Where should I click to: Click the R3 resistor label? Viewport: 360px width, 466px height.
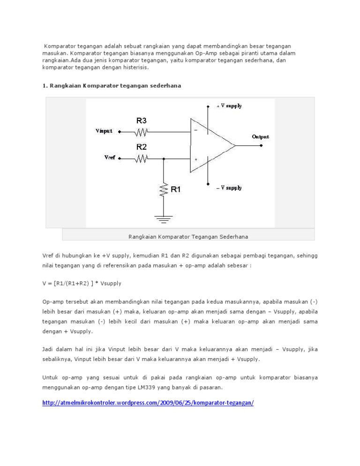[x=142, y=121]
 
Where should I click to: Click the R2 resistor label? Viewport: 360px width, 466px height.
[x=142, y=147]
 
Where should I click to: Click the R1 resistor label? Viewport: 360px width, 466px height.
[x=176, y=190]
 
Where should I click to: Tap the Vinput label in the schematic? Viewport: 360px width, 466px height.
[x=104, y=131]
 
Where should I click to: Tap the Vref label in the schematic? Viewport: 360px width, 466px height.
[x=109, y=158]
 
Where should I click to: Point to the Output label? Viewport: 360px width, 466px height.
[x=261, y=137]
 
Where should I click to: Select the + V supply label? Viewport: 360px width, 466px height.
[x=229, y=106]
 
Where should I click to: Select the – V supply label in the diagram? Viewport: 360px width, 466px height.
[x=229, y=188]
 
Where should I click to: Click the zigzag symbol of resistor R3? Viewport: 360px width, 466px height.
[x=142, y=132]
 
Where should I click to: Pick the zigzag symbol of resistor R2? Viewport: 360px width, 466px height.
[x=142, y=158]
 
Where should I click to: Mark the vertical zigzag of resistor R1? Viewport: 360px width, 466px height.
[x=163, y=190]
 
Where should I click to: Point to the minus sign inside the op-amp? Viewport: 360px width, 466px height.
[x=195, y=131]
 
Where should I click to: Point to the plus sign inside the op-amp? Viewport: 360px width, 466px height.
[x=195, y=159]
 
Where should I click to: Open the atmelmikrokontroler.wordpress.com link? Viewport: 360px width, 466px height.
[x=148, y=403]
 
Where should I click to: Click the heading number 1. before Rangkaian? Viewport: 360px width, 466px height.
[x=45, y=86]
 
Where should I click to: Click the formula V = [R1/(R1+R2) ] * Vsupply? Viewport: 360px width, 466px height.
[x=84, y=284]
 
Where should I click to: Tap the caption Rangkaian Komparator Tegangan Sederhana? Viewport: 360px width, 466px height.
[x=188, y=236]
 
